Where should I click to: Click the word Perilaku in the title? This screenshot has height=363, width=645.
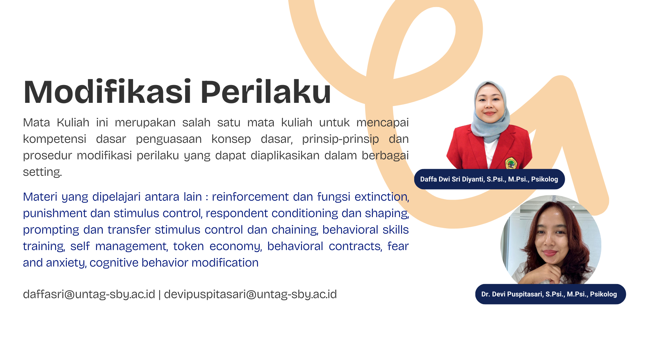coord(266,92)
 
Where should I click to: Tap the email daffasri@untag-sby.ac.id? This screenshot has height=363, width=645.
coord(89,294)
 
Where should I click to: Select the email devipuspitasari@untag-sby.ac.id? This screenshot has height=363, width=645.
coord(250,294)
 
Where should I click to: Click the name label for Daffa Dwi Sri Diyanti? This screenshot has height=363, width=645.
coord(489,179)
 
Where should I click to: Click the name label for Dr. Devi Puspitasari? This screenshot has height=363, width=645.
coord(550,294)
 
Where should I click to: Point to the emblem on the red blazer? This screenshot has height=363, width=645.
coord(511,163)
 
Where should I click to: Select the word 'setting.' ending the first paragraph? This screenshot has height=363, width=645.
coord(42,172)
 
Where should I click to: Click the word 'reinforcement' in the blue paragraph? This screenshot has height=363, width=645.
coord(250,197)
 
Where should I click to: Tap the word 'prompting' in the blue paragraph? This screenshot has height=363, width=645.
coord(51,230)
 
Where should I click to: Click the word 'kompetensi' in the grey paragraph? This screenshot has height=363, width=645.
coord(55,139)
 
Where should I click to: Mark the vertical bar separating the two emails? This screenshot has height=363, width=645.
coord(160,294)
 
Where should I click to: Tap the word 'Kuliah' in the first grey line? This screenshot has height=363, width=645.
coord(73,123)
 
